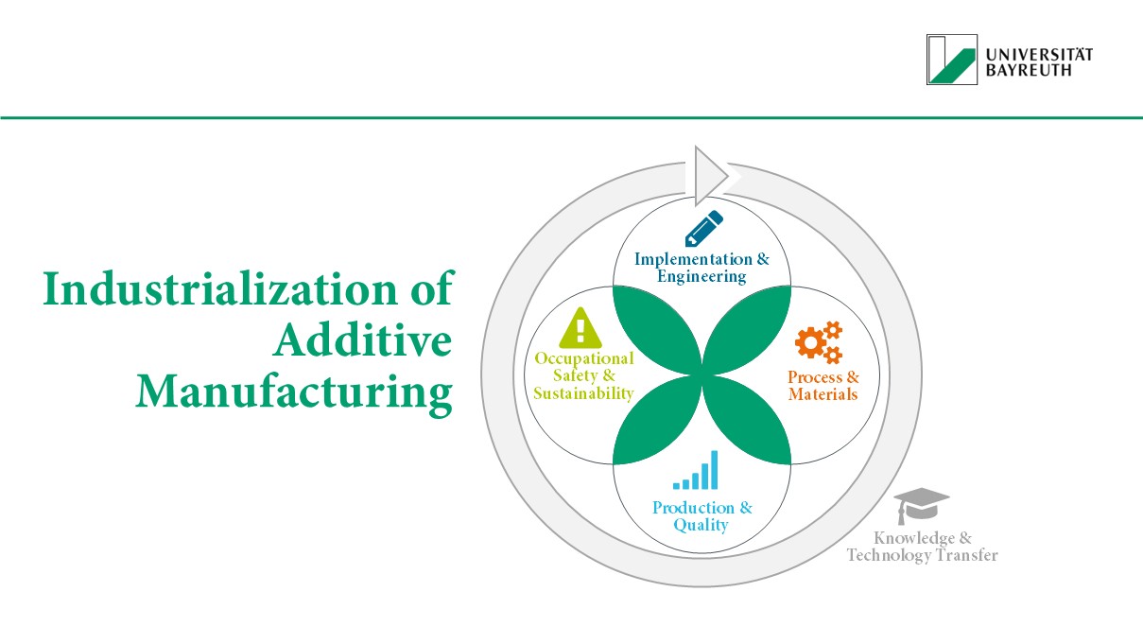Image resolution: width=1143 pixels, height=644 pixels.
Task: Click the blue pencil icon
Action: [703, 229]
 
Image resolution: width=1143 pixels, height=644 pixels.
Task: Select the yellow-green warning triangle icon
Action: [580, 328]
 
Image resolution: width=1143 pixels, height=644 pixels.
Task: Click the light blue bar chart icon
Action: [696, 470]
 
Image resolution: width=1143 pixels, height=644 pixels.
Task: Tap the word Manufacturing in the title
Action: [293, 392]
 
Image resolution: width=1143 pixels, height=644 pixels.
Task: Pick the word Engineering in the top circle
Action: [701, 276]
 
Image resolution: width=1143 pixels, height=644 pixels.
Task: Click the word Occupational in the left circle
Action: [583, 359]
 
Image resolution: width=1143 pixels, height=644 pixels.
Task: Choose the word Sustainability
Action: [583, 393]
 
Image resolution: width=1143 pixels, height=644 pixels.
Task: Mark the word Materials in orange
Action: [823, 393]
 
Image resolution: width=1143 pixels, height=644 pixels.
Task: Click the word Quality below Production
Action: [701, 525]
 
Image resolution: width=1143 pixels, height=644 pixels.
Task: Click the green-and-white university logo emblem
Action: [951, 60]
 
